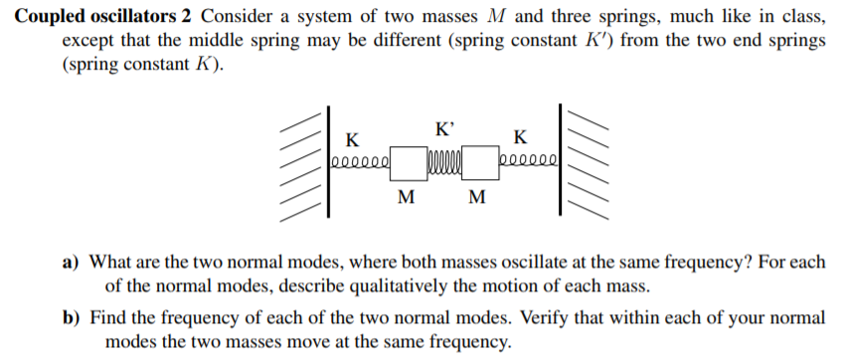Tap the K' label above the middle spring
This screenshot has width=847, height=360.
click(446, 128)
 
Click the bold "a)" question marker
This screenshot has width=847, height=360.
click(73, 264)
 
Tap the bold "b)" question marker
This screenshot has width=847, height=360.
click(73, 319)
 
